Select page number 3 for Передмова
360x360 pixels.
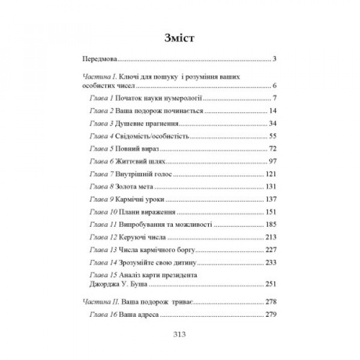pyautogui.click(x=273, y=60)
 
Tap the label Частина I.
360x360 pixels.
pyautogui.click(x=98, y=77)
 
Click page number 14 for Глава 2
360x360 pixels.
pyautogui.click(x=271, y=112)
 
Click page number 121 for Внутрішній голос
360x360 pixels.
pyautogui.click(x=269, y=175)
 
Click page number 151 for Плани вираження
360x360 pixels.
pyautogui.click(x=269, y=212)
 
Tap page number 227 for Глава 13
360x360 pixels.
pyautogui.click(x=269, y=250)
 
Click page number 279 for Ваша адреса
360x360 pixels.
pyautogui.click(x=269, y=315)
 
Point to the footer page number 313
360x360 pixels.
pyautogui.click(x=179, y=335)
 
